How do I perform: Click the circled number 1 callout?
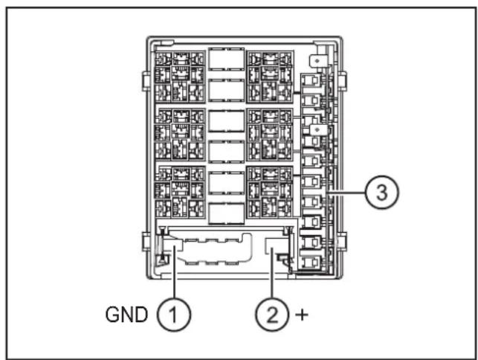coord(174,315)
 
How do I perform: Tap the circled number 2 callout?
coord(272,315)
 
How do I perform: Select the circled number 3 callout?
coord(381,192)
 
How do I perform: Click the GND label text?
coord(126,315)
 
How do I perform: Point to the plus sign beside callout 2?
coord(302,315)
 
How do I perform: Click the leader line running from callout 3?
coord(346,193)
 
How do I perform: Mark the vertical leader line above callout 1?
coord(175,272)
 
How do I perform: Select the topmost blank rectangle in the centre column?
coord(226,60)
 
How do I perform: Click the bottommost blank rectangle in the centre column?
coord(226,213)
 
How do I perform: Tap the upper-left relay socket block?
coord(180,77)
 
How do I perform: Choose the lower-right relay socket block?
coord(270,192)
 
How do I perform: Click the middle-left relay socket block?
coord(180,134)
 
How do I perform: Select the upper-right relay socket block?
coord(270,77)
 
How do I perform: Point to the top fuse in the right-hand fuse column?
coord(311,80)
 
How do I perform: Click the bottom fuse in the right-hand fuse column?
coord(311,262)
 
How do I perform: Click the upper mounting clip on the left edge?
coord(146,82)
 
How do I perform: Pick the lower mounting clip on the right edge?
coord(343,241)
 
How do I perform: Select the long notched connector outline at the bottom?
coord(213,248)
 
